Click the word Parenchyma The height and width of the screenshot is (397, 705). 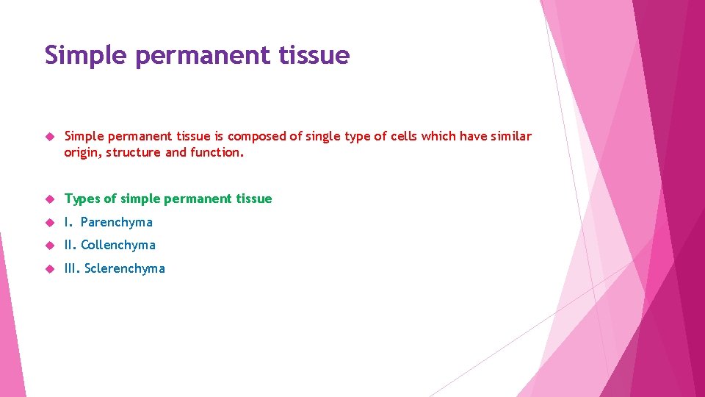pos(117,222)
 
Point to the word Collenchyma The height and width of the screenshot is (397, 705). pos(118,245)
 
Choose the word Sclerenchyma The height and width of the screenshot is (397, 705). pos(125,268)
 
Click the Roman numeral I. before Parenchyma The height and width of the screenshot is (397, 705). pos(68,222)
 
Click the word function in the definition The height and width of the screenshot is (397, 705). pos(217,152)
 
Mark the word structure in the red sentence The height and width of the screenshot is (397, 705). pos(134,152)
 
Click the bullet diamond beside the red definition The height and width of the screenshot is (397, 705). pos(49,137)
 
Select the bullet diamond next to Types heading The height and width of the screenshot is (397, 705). pos(49,199)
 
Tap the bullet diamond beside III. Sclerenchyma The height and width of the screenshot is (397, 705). pos(49,269)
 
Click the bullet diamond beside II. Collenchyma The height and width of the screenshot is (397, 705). pos(49,246)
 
